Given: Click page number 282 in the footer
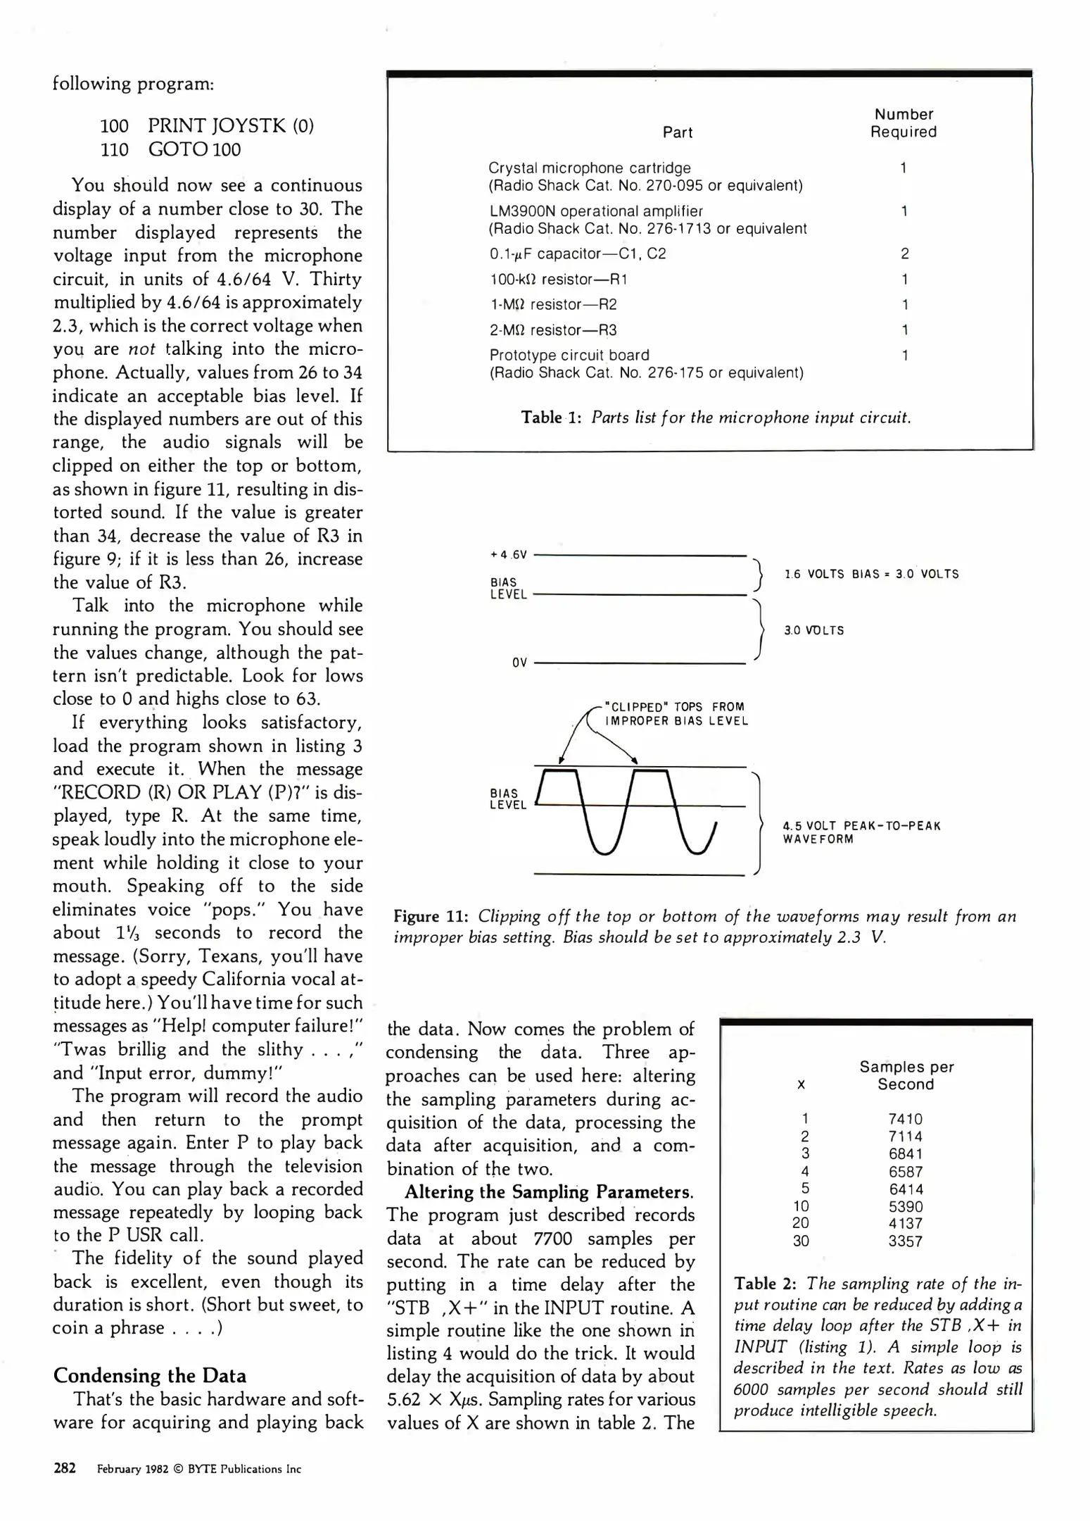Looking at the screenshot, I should (65, 1468).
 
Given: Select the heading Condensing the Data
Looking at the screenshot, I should (149, 1375).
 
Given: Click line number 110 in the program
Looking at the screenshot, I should (114, 149).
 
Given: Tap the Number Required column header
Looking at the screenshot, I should (903, 123).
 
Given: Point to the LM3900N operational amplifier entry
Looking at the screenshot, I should (595, 211).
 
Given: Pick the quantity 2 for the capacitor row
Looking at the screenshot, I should (904, 254).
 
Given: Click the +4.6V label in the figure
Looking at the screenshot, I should (508, 555).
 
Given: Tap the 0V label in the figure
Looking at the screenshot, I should (519, 663).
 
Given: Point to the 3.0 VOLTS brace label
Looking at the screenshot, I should (813, 630).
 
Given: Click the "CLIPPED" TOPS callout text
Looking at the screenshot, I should (674, 713).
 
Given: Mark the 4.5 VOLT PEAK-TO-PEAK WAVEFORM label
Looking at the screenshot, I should (861, 832).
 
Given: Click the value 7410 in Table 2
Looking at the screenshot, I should (905, 1119).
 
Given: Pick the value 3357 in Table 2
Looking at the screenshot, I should (905, 1241).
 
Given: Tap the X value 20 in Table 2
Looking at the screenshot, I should (801, 1223).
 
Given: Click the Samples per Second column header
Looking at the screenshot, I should (906, 1075).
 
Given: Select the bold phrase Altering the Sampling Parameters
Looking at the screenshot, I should (548, 1192).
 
